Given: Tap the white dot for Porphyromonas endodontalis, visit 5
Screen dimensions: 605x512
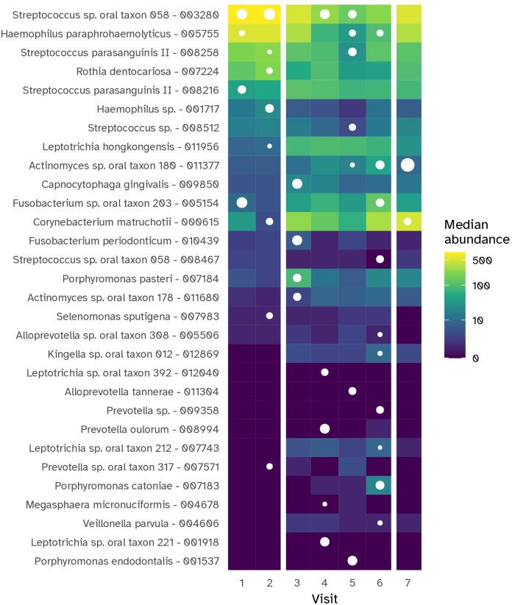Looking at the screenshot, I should tap(352, 560).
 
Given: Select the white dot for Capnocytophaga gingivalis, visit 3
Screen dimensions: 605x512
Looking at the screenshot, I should tap(297, 183).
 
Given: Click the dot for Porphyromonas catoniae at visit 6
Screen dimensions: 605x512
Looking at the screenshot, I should tap(380, 485).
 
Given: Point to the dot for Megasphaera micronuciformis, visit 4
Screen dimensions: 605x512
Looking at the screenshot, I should tap(324, 504).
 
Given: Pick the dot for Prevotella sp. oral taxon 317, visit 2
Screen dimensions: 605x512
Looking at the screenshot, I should tap(269, 467).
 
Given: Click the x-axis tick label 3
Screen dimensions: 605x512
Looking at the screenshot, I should tap(297, 582).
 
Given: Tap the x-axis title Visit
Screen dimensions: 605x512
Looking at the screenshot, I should tap(324, 597).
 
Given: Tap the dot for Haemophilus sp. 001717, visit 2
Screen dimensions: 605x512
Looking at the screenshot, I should tap(269, 108).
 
